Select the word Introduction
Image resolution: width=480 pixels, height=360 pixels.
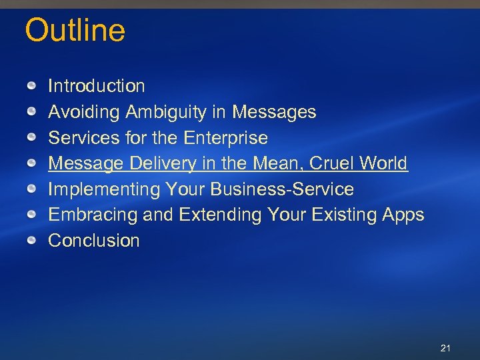pos(97,86)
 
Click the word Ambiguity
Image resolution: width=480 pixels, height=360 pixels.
pos(171,112)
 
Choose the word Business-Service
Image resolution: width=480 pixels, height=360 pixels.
pos(282,189)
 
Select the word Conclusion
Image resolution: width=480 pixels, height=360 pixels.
pos(94,241)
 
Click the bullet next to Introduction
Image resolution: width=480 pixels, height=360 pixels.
pos(32,86)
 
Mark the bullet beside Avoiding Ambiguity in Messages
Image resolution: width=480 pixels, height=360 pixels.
pos(32,112)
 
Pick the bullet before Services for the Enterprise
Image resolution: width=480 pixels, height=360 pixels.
pos(32,138)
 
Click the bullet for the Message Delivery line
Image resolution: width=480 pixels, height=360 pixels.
pos(32,163)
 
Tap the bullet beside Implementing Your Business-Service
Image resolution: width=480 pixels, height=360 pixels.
pos(32,189)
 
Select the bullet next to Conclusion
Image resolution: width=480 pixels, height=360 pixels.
pos(32,241)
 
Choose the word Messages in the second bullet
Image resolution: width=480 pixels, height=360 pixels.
pos(274,112)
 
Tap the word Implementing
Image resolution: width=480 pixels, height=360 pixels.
pos(104,189)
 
